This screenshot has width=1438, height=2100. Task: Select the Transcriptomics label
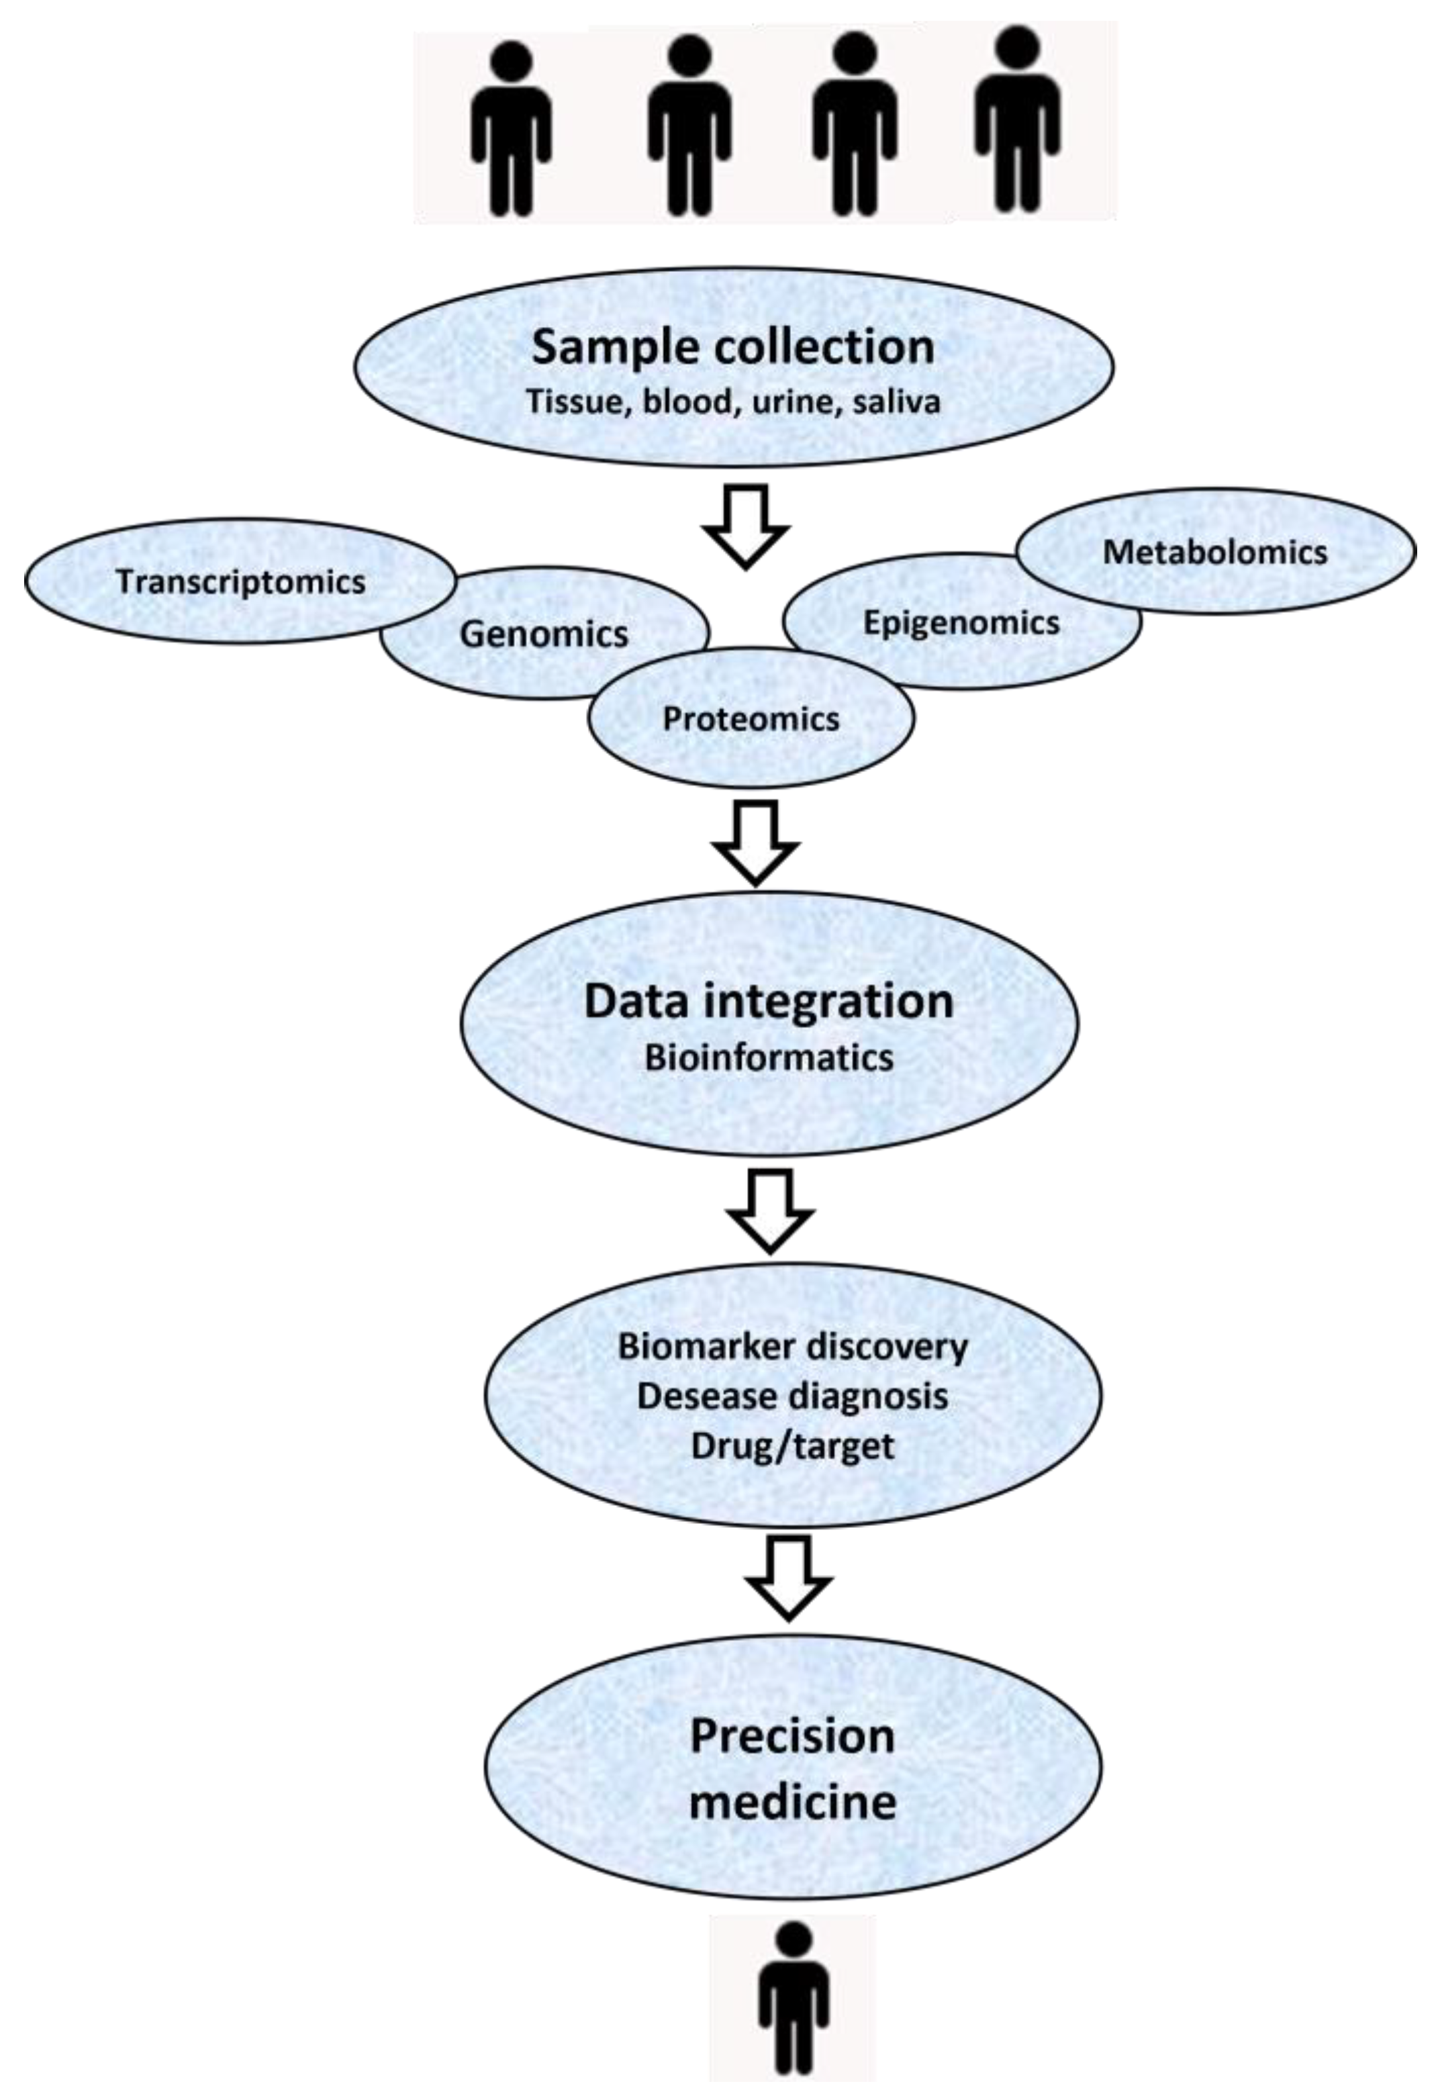(x=240, y=582)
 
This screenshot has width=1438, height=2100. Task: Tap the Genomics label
(x=543, y=634)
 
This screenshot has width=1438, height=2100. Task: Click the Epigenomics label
(x=961, y=622)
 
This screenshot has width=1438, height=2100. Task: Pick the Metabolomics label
(x=1214, y=552)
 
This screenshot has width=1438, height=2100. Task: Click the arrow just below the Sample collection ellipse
(x=746, y=526)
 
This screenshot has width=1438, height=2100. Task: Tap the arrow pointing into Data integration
(x=756, y=843)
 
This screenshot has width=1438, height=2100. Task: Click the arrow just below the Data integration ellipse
(x=770, y=1209)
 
